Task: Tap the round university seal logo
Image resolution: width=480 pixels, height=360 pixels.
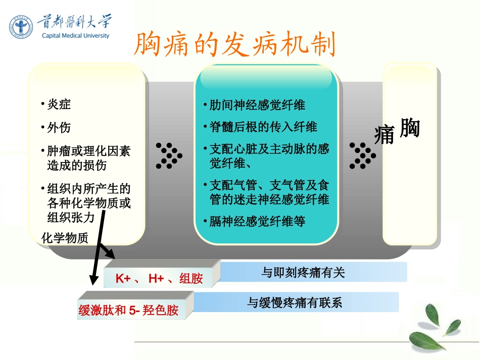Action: pos(21,27)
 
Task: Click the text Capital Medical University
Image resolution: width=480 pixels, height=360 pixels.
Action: pos(76,36)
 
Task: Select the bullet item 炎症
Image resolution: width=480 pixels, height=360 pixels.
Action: pos(59,105)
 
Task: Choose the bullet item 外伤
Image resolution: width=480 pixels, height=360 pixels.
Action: pos(59,128)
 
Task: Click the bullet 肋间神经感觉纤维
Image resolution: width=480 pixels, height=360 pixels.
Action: pos(257,105)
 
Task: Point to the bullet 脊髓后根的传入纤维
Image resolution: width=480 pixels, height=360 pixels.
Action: pos(263,127)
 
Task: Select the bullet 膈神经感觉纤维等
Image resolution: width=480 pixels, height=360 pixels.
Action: pos(257,221)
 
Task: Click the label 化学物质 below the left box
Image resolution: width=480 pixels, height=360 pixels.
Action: pos(65,238)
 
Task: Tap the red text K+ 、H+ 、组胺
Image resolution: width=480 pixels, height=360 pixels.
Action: pos(159,278)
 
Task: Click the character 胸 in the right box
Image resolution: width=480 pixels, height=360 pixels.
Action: pos(409,128)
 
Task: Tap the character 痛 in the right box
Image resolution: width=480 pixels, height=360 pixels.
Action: pos(385,135)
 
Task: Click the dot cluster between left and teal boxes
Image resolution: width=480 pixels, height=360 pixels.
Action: pos(168,155)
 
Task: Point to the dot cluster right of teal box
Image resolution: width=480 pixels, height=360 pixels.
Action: pos(362,155)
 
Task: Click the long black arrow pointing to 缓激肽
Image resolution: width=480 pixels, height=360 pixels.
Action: pos(98,247)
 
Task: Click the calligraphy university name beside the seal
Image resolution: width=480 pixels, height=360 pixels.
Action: pos(74,22)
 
